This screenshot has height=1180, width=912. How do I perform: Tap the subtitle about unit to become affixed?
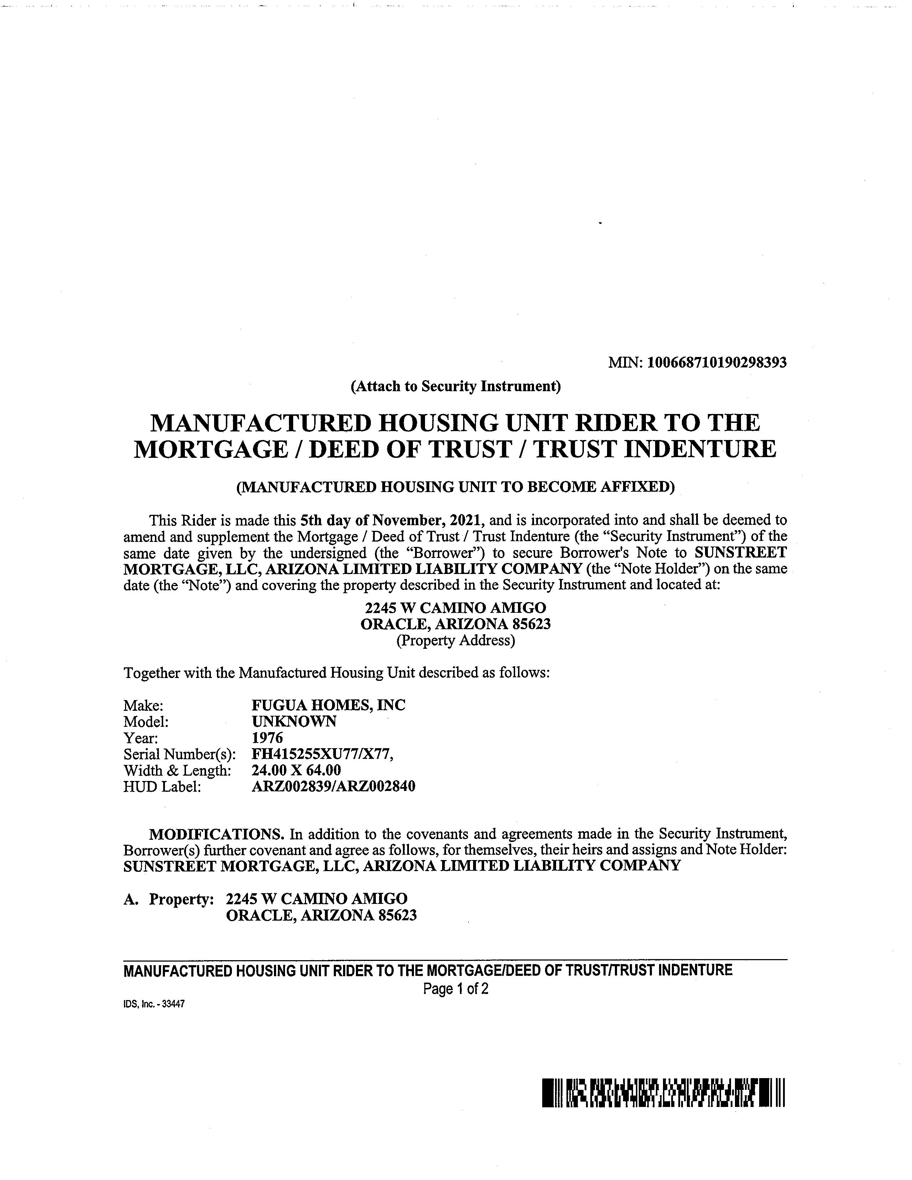point(455,487)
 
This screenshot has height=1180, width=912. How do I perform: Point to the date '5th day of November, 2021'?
point(393,520)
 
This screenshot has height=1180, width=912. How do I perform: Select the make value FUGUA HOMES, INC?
point(328,705)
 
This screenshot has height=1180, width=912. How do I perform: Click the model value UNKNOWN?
point(294,721)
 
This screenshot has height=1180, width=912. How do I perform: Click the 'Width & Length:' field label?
point(177,771)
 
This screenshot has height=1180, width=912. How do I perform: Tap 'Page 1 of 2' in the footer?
point(455,989)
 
